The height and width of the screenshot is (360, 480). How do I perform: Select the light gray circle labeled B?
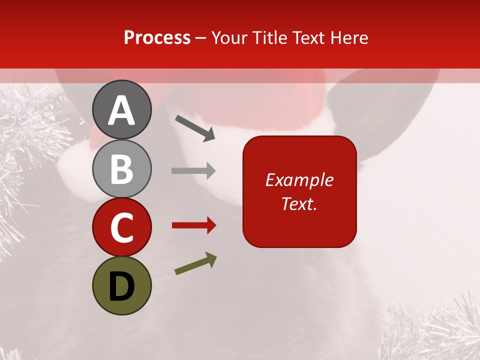[121, 169]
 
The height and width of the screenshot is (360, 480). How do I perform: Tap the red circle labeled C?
[121, 227]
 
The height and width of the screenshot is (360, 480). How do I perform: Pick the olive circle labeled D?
[121, 285]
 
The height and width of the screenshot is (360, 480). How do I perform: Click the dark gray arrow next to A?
[195, 127]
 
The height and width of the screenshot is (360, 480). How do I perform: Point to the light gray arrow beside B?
[193, 171]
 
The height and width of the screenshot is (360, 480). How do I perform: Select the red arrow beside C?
[194, 225]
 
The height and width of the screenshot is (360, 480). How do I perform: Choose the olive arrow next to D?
[195, 263]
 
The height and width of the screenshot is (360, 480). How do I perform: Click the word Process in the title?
[157, 38]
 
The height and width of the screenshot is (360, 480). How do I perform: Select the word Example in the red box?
[299, 180]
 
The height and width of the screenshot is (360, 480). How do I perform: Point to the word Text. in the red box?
[299, 203]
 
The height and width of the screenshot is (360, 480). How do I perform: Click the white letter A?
[121, 111]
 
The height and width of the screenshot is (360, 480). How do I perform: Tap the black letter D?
[121, 287]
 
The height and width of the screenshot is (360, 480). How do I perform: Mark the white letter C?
[121, 228]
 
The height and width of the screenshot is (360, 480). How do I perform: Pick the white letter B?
[121, 170]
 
